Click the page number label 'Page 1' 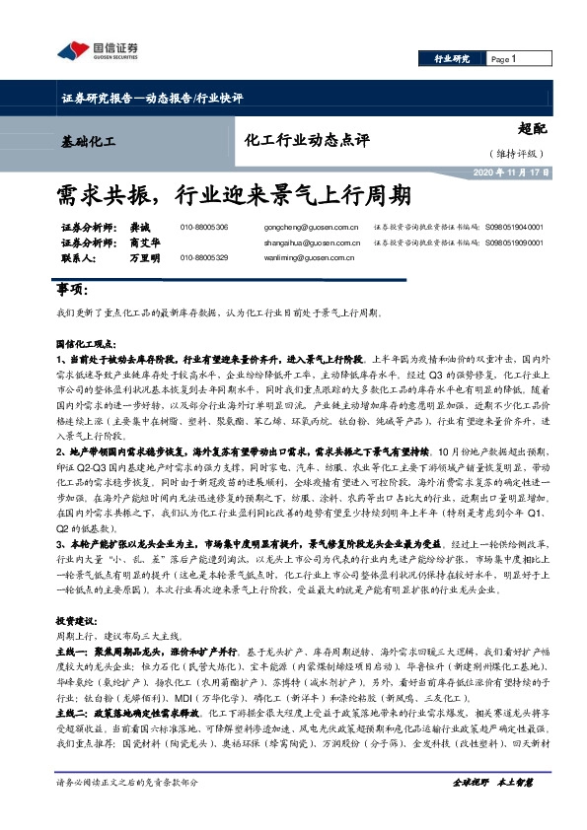pos(504,59)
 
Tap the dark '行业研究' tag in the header pos(453,59)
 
